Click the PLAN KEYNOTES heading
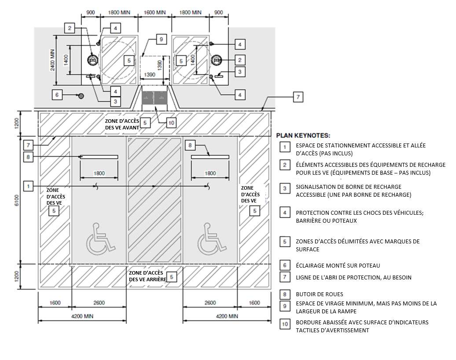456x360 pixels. [x=303, y=136]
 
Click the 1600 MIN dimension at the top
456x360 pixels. [x=154, y=13]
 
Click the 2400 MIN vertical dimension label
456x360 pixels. [x=52, y=60]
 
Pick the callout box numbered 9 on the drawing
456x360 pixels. [x=161, y=40]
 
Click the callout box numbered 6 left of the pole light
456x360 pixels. [x=57, y=94]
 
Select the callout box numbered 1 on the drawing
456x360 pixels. [x=29, y=186]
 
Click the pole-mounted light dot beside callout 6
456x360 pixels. [x=81, y=96]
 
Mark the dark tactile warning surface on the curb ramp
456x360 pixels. [x=154, y=99]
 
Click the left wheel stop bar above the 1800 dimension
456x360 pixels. [x=99, y=157]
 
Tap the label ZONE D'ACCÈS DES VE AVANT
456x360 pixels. [x=122, y=124]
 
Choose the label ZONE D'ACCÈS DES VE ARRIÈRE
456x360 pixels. [x=146, y=276]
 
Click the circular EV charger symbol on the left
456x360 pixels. [x=92, y=59]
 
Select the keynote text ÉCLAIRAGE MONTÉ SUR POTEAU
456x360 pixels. [x=338, y=265]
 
